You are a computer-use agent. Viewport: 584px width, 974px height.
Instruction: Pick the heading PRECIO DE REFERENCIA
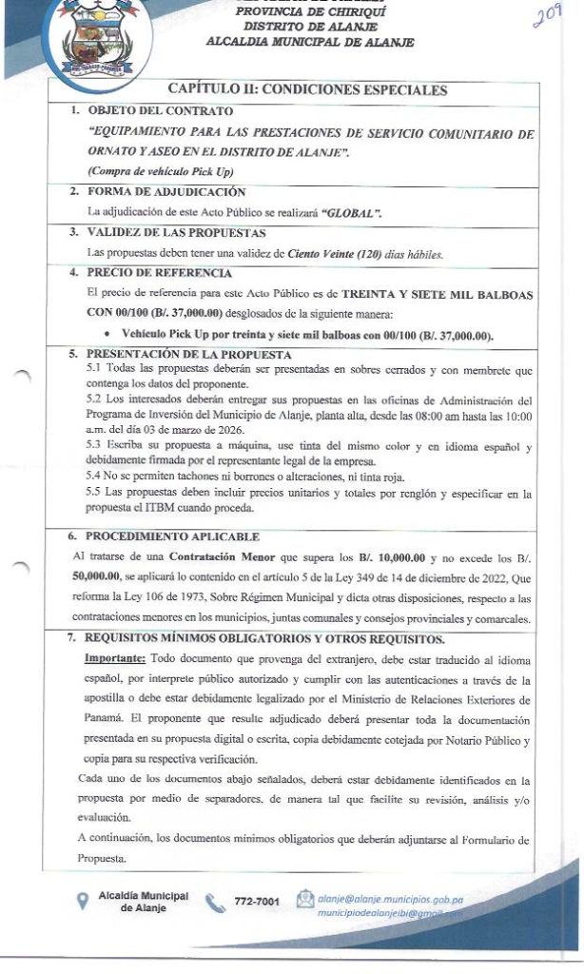point(149,272)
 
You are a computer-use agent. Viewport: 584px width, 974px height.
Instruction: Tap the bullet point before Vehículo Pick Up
point(113,334)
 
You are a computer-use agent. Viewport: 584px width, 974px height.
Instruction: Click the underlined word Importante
point(115,658)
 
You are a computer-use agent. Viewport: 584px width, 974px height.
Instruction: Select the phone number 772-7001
point(257,900)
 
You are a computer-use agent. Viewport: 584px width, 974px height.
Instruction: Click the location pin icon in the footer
point(83,901)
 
